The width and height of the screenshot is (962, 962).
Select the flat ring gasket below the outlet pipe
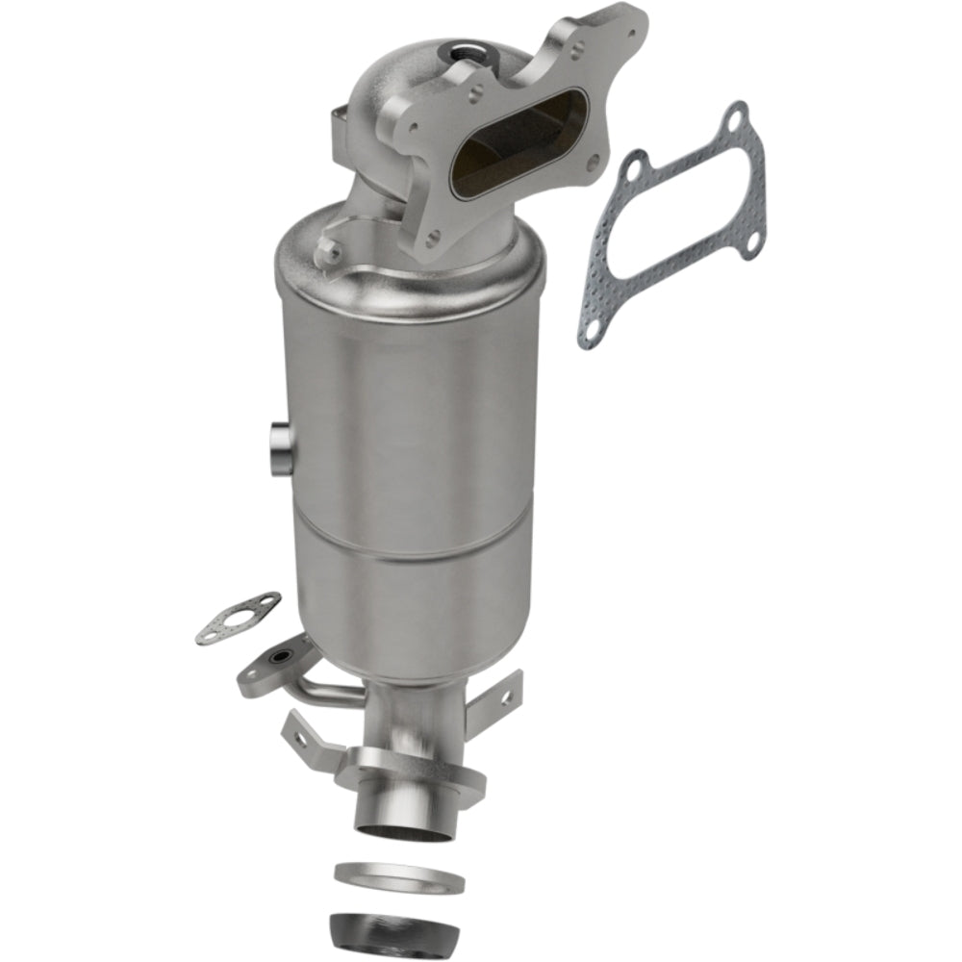[398, 877]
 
